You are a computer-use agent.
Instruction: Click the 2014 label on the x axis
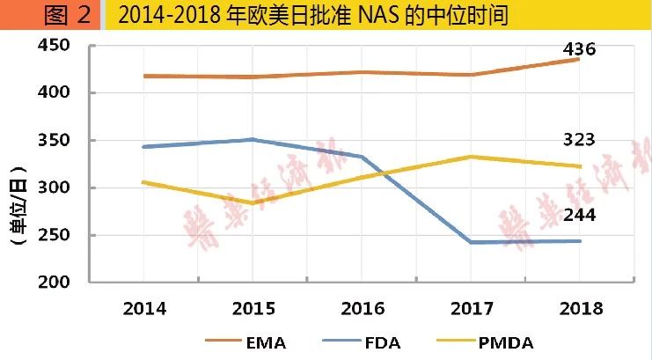[145, 308]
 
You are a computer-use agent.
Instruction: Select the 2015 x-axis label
[253, 308]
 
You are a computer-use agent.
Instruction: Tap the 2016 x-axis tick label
[362, 308]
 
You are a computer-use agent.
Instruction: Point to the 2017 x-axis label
[471, 308]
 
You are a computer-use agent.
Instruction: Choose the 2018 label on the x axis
[579, 308]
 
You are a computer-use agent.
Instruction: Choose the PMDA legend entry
[509, 342]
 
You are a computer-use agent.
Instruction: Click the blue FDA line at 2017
[471, 242]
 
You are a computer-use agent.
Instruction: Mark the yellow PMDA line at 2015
[253, 203]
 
